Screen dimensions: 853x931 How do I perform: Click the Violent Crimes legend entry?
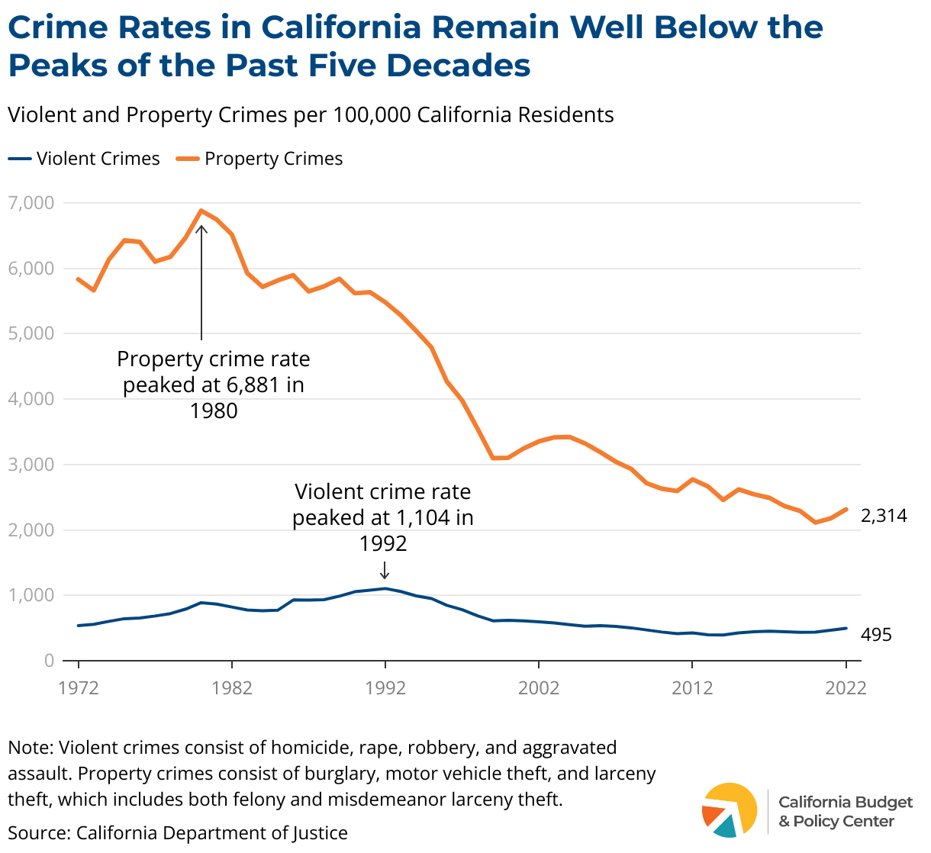pos(85,159)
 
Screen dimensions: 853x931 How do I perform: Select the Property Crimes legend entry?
pos(259,159)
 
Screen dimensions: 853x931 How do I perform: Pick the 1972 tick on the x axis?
pos(79,688)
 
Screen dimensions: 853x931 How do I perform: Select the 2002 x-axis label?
pos(539,688)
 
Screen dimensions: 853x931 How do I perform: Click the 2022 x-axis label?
pos(846,688)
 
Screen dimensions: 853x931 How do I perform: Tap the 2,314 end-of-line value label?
pos(884,516)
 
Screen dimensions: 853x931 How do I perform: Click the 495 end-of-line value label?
pos(876,635)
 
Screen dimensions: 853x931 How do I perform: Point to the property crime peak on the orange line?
pos(201,211)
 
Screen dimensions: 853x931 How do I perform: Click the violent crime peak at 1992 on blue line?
pos(385,588)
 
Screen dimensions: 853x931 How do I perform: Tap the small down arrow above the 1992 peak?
pos(385,570)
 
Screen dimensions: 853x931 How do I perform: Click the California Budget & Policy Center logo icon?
pos(729,810)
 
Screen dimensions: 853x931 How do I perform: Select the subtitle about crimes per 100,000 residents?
pos(311,115)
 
